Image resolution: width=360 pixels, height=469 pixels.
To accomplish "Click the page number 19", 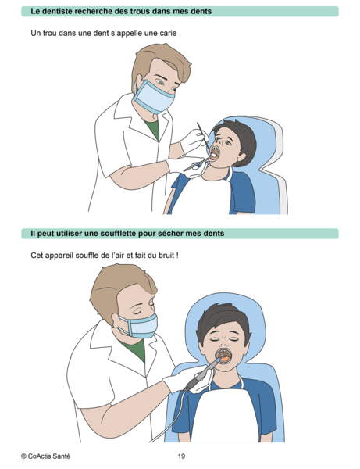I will tap(180, 456).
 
